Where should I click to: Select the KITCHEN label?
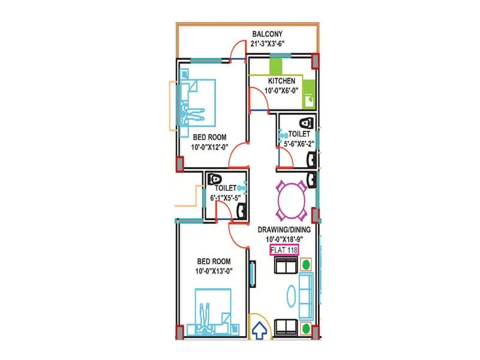point(281,81)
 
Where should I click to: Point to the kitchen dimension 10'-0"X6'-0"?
point(281,92)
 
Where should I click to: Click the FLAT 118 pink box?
point(283,250)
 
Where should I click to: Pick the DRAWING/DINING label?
point(283,229)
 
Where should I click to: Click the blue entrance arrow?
point(260,331)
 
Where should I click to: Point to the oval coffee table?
point(289,295)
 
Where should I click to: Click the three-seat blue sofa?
point(306,295)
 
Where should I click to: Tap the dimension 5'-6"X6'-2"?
point(298,144)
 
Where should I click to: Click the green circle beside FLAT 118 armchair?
point(306,263)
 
